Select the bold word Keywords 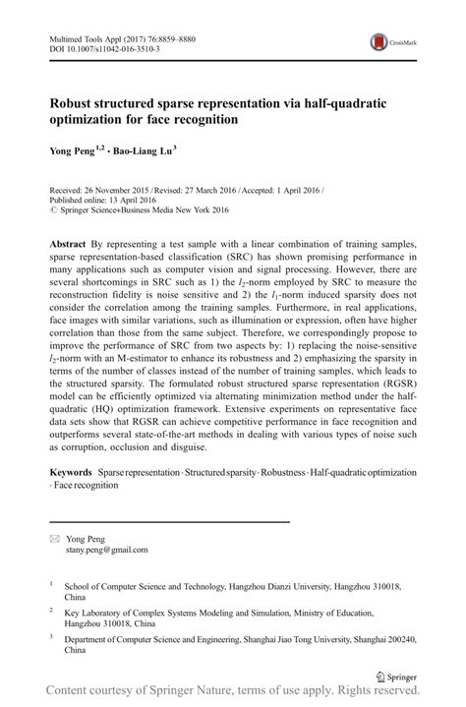click(x=74, y=473)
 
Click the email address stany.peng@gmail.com click(x=106, y=551)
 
